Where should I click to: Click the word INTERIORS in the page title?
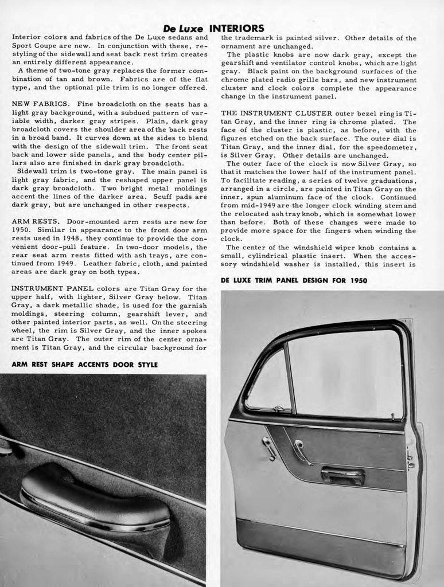[236, 28]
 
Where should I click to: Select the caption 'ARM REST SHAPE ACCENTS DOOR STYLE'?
[85, 364]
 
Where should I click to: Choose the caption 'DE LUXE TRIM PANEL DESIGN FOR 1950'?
[294, 280]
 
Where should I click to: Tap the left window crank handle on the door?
[268, 446]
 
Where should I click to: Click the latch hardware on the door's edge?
[410, 459]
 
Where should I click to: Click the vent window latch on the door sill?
[278, 409]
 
